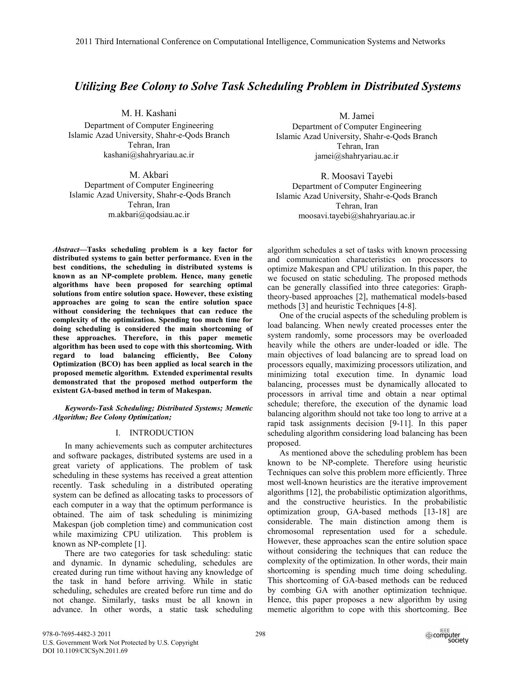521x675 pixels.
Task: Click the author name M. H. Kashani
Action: (149, 113)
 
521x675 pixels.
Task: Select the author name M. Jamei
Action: (356, 116)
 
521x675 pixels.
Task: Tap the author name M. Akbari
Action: (149, 175)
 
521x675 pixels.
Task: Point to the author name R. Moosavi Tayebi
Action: (356, 176)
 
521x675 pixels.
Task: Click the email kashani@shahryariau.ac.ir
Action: (149, 155)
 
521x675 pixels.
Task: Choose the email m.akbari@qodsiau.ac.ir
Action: (149, 214)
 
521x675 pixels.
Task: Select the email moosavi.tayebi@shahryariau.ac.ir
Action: (356, 215)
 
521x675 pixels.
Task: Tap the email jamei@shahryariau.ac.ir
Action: (356, 156)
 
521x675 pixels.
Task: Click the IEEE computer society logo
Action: (447, 637)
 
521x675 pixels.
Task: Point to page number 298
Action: (260, 634)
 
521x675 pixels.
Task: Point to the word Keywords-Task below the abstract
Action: (89, 408)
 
